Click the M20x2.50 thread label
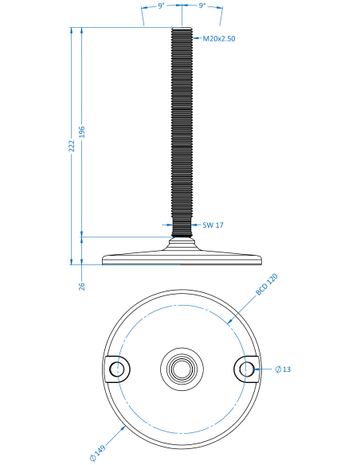(x=219, y=38)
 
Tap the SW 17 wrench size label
(x=213, y=225)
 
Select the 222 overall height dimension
(x=72, y=146)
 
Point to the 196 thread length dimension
(x=82, y=132)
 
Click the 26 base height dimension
(x=82, y=286)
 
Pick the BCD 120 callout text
(x=266, y=285)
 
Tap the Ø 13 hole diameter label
(x=283, y=369)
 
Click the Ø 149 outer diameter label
(x=97, y=453)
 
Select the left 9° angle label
(x=161, y=6)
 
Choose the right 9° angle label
(x=202, y=6)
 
